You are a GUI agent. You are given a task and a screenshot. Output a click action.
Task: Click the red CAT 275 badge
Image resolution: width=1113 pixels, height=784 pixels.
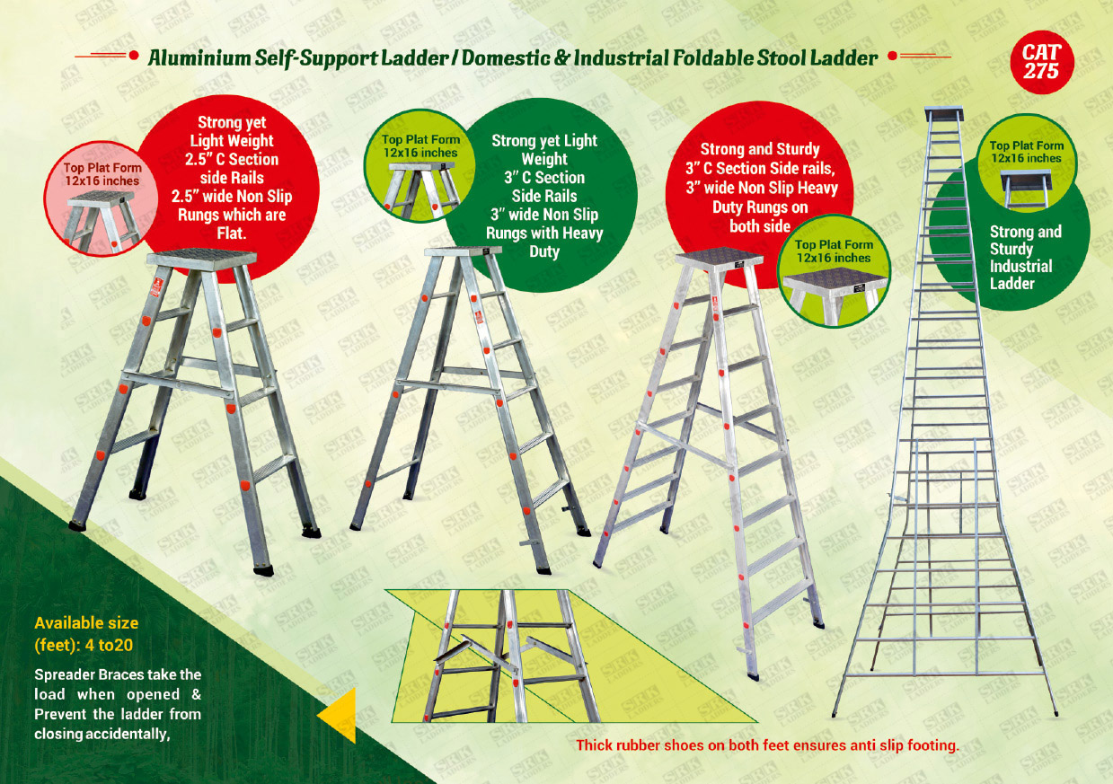click(1041, 62)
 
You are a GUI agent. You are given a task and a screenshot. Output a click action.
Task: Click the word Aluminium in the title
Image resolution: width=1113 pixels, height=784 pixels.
click(199, 58)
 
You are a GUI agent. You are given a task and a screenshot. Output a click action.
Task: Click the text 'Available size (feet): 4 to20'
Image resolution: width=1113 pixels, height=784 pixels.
click(86, 634)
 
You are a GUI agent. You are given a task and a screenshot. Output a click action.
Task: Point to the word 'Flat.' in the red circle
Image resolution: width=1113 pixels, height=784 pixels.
click(232, 233)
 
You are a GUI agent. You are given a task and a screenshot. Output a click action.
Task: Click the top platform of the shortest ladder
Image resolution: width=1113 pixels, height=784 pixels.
click(202, 259)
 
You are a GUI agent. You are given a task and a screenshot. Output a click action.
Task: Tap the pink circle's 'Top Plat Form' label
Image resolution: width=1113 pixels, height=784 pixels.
click(102, 168)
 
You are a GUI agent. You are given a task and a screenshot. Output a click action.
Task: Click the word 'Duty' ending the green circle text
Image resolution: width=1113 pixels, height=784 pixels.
click(544, 251)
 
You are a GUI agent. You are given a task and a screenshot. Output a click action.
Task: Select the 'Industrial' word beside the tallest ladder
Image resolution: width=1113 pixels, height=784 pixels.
click(1021, 266)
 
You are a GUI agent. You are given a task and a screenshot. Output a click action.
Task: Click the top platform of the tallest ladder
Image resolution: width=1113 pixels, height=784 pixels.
click(944, 114)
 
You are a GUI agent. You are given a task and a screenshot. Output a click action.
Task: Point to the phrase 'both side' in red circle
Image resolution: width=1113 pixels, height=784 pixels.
click(760, 226)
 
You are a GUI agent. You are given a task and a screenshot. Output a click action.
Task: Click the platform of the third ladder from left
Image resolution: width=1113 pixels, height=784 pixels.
click(719, 259)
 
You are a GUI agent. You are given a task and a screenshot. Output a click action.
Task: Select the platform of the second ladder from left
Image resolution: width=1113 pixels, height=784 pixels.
click(464, 251)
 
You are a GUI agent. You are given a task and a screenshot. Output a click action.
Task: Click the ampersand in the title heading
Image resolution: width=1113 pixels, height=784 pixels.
click(561, 58)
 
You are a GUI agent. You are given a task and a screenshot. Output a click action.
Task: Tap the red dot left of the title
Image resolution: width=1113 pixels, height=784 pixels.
click(133, 56)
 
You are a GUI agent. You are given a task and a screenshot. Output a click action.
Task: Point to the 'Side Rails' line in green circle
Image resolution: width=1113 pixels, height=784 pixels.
click(544, 196)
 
